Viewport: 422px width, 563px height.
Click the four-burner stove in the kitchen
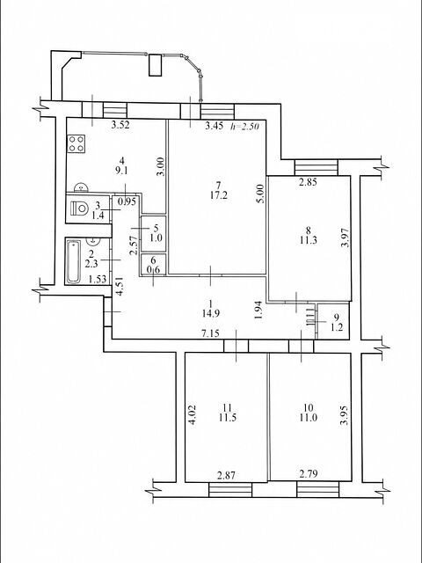(76, 143)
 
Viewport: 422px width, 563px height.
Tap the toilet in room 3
(80, 208)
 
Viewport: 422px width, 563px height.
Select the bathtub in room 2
(74, 261)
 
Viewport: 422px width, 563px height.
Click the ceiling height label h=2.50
(244, 126)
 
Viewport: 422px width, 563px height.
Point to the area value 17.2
(219, 195)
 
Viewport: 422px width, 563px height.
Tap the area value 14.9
(211, 313)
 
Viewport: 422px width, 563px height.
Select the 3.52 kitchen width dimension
(120, 125)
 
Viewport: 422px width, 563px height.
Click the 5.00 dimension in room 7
(261, 194)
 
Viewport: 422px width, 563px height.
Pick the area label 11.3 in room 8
(309, 240)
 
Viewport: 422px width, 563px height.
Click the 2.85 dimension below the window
(309, 182)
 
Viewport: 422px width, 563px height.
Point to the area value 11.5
(227, 418)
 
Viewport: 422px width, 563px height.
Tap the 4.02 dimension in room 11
(192, 415)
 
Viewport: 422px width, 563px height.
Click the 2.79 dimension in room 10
(309, 474)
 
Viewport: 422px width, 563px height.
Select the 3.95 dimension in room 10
(344, 415)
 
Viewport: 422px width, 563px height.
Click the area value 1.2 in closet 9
(336, 327)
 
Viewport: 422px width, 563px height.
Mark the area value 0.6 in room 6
(153, 269)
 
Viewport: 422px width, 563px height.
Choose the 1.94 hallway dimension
(261, 311)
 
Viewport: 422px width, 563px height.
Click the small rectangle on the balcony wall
(156, 65)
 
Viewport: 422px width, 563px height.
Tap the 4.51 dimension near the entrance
(121, 286)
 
